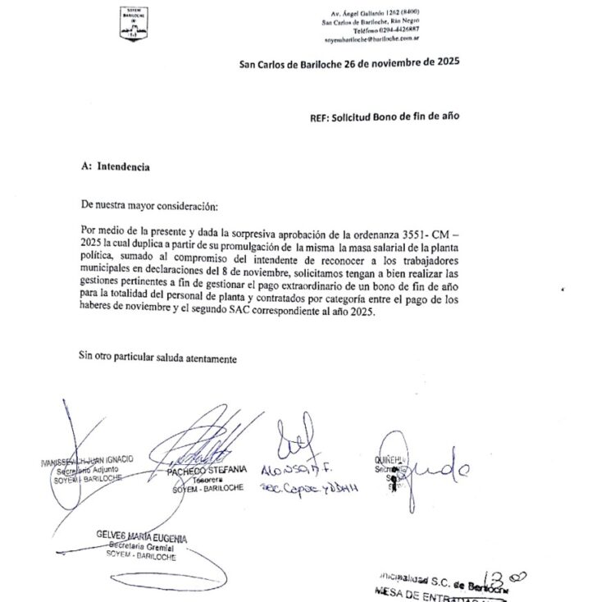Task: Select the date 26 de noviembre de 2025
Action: point(397,62)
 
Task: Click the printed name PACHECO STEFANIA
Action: point(206,469)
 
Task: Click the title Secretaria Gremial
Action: point(141,547)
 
